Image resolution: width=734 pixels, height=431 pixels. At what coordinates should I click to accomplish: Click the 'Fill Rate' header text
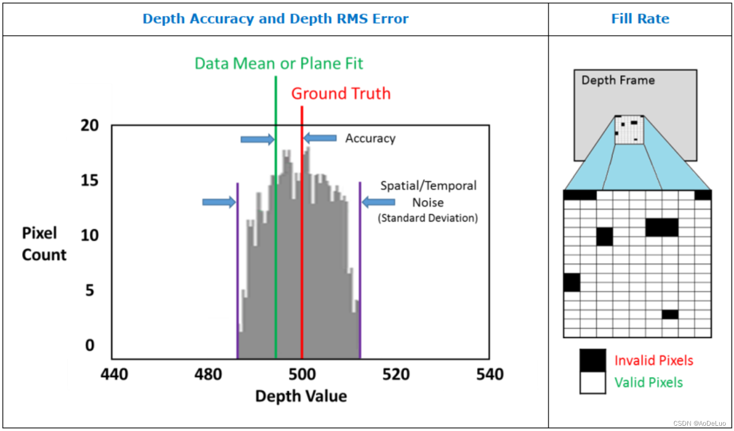point(640,19)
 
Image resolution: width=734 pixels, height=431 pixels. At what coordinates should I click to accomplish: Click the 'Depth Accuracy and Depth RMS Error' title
point(276,19)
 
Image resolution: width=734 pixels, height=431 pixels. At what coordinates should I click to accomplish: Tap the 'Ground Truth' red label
point(340,94)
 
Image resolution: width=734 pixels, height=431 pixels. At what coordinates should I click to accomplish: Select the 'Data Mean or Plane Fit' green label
point(279,64)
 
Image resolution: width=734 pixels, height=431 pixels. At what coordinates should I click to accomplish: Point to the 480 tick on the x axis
point(208,375)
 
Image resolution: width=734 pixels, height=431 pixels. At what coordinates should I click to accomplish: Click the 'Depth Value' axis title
point(301,396)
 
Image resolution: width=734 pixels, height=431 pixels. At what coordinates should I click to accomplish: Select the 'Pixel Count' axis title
point(44,244)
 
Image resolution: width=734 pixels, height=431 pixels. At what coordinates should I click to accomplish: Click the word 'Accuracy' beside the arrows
point(370,139)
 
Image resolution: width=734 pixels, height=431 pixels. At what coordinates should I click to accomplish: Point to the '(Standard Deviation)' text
point(428,218)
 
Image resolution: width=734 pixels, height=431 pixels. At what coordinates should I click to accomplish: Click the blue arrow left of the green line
point(257,139)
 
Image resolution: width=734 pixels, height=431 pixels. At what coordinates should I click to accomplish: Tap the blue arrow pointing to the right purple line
point(379,202)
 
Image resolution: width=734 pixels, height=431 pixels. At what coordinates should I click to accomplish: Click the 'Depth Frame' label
point(618,81)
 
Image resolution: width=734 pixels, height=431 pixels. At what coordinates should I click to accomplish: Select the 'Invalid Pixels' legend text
point(654,361)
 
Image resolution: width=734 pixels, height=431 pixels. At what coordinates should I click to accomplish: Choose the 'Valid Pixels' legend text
point(648,383)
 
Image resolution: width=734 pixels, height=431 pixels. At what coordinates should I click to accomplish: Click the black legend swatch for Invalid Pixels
point(593,360)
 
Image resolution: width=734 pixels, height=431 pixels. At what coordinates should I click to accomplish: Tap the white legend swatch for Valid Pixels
point(593,383)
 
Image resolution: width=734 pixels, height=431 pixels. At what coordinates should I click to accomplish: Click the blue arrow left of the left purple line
point(219,202)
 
